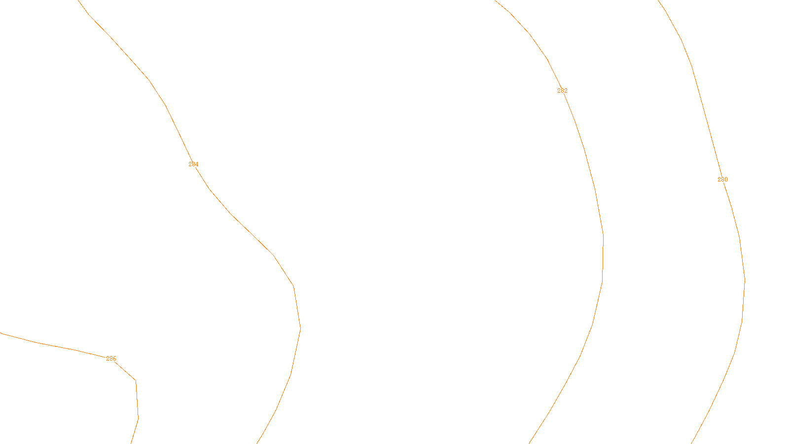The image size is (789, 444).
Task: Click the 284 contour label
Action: coord(193,164)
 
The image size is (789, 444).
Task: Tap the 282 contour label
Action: coord(562,91)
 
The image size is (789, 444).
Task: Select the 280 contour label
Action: coord(722,180)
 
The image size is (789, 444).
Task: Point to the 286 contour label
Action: coord(111,359)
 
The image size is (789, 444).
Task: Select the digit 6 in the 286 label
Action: coord(114,359)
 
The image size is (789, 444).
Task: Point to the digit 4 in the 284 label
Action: coord(197,164)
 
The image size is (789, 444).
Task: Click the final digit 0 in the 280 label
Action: coord(726,180)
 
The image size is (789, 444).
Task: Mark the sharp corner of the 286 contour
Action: coord(136,380)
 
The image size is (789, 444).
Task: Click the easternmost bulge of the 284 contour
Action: coord(300,328)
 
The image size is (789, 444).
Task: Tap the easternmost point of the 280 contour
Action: coord(745,281)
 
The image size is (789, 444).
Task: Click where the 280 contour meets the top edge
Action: coord(658,0)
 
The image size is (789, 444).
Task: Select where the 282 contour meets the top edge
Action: coord(495,0)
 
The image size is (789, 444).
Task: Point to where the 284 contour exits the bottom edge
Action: coord(257,443)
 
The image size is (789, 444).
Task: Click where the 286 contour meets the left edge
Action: coord(0,333)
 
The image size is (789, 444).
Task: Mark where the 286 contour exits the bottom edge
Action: coord(131,443)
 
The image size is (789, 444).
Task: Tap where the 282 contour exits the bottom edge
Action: coord(530,443)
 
